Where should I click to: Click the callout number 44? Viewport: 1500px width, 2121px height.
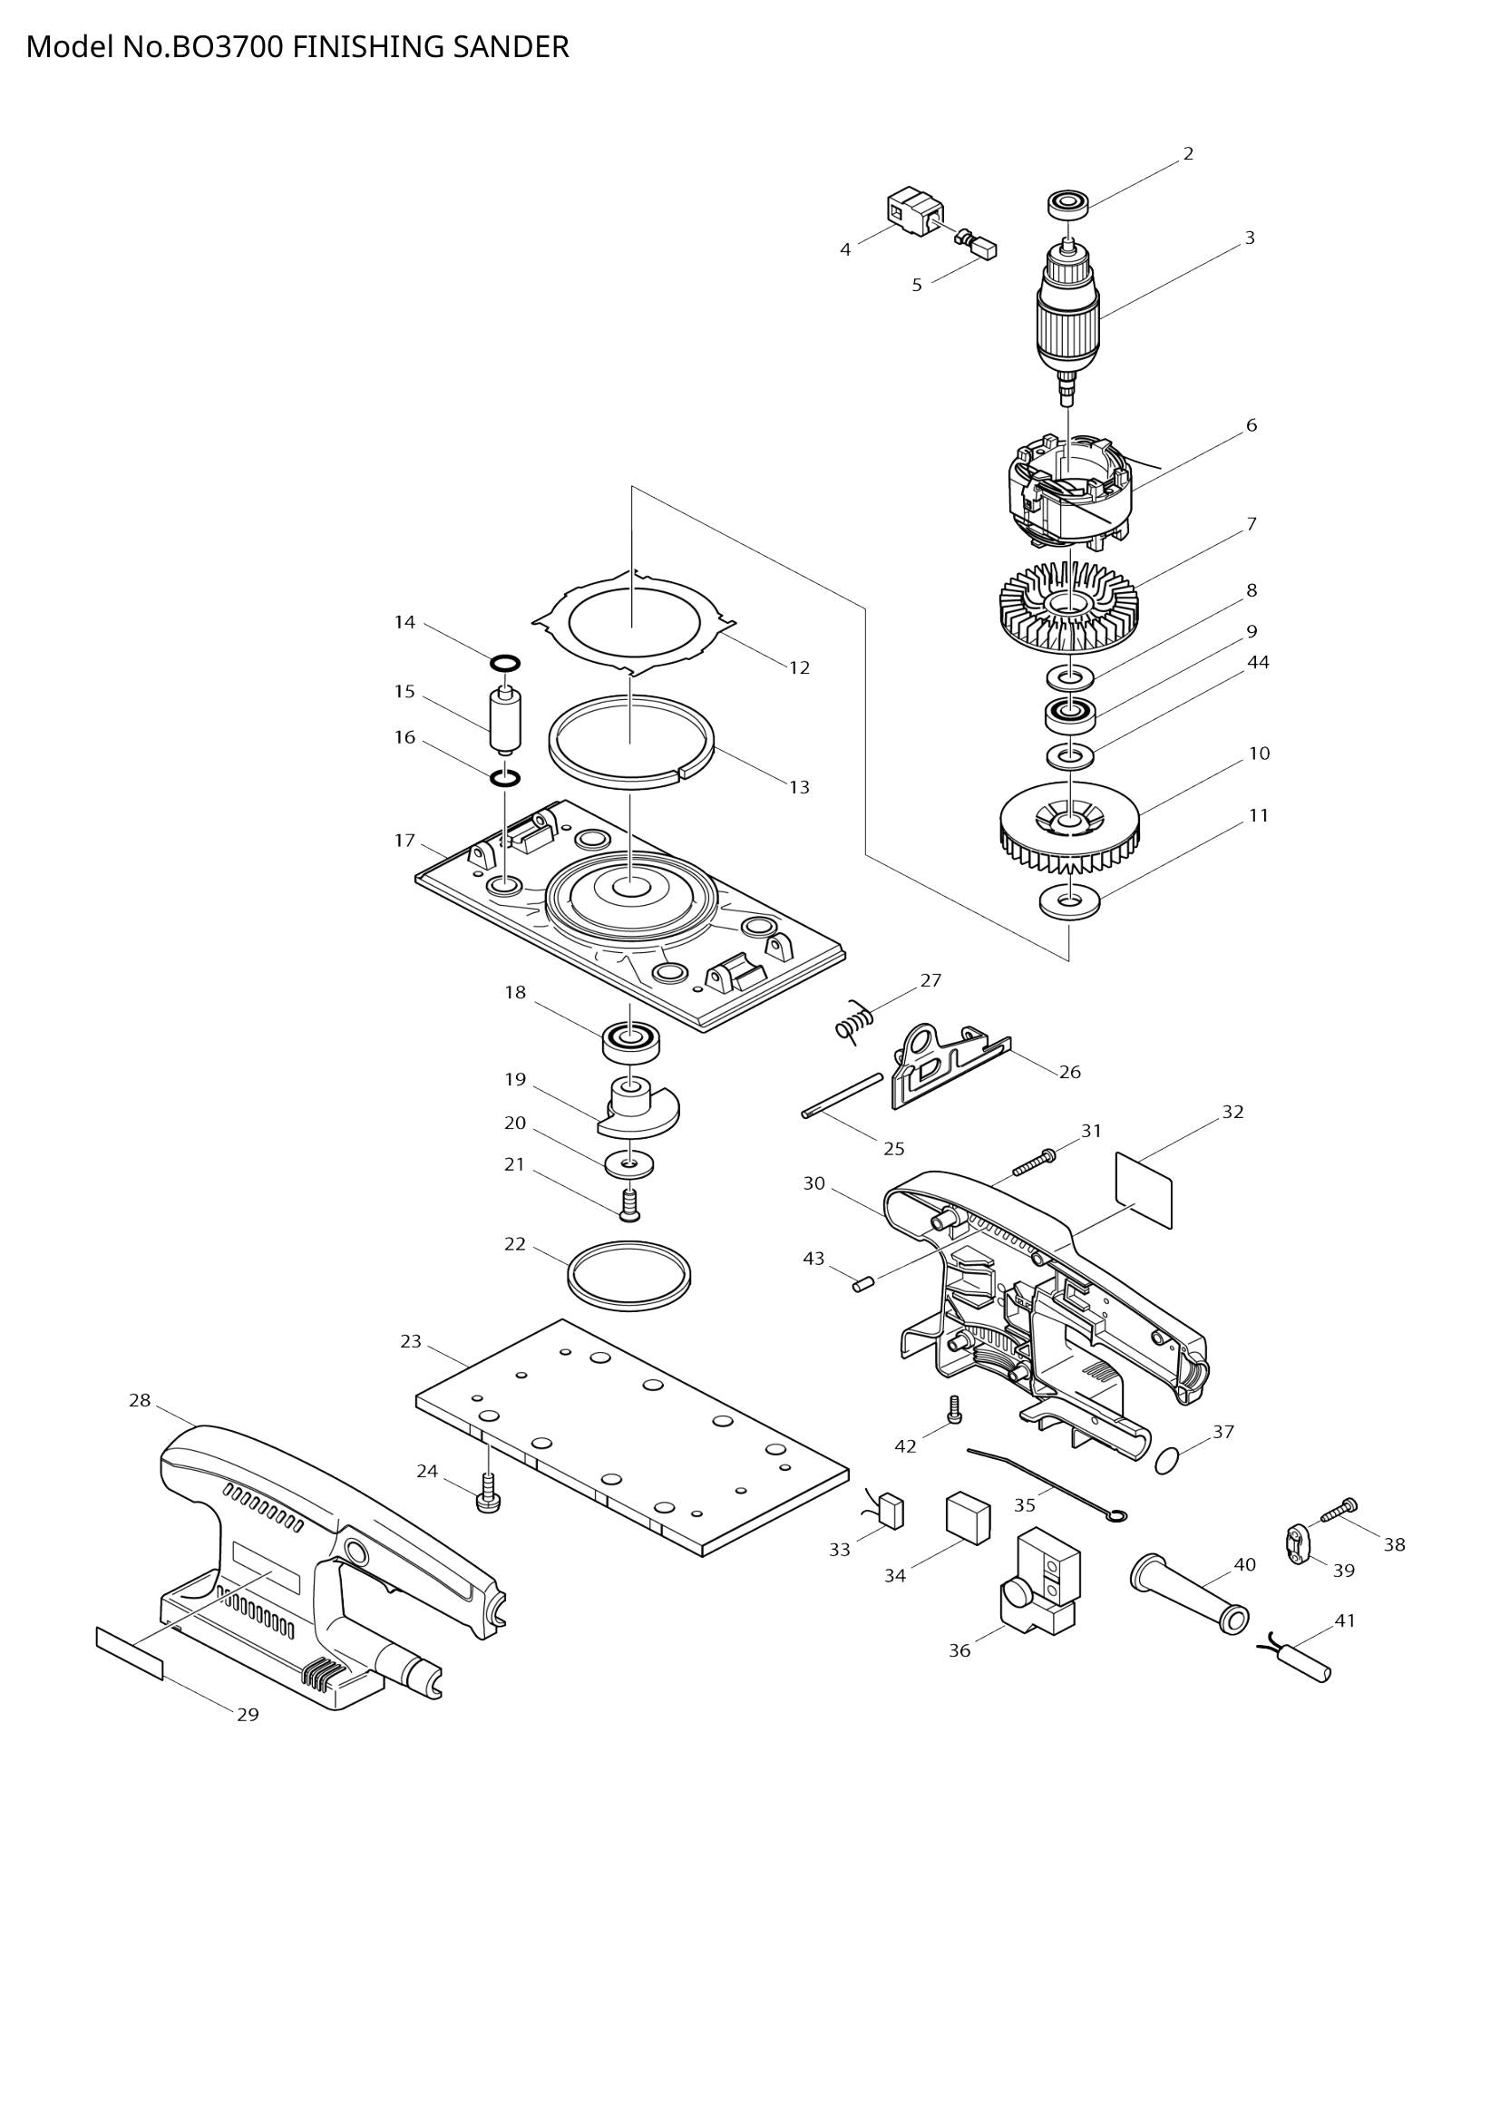click(1258, 662)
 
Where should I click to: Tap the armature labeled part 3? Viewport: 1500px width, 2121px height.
click(1068, 314)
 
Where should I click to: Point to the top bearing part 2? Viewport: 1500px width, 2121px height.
click(1067, 203)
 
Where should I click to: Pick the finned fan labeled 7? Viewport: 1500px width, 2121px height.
click(1068, 607)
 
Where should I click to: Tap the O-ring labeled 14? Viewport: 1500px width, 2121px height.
click(505, 663)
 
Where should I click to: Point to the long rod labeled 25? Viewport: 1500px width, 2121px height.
click(843, 1095)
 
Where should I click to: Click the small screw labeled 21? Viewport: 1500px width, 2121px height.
click(630, 1204)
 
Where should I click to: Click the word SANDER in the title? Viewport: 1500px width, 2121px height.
click(510, 46)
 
